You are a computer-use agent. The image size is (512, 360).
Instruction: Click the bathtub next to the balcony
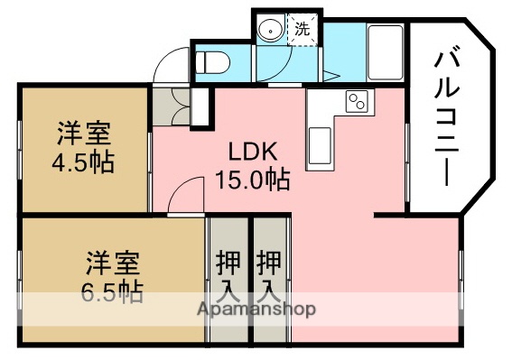pyautogui.click(x=386, y=55)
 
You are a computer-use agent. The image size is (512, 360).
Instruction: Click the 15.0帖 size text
pyautogui.click(x=252, y=179)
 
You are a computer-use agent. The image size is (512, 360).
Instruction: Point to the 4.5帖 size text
pyautogui.click(x=83, y=165)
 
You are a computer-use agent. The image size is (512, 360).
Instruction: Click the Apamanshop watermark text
pyautogui.click(x=256, y=309)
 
